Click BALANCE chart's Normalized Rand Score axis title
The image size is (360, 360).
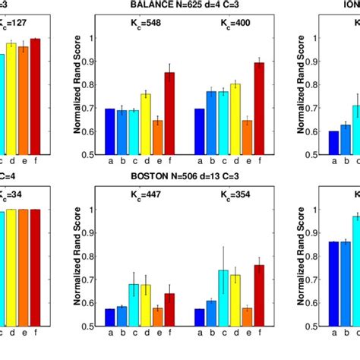coord(77,96)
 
